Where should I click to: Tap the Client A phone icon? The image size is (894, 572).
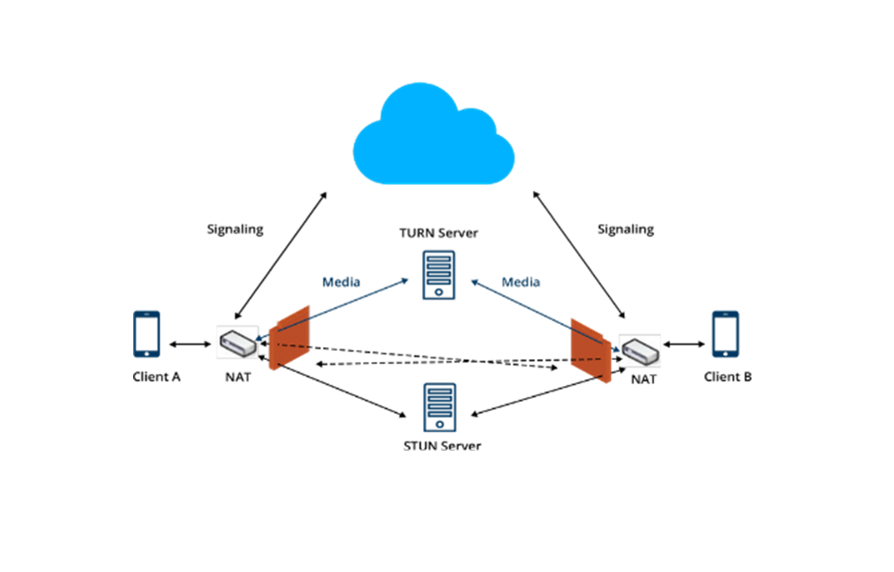point(146,334)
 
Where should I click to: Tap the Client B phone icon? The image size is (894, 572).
point(726,334)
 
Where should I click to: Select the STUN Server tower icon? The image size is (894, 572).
point(440,407)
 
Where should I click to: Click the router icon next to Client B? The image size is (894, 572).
point(639,351)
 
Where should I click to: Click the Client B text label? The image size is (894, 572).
point(727,377)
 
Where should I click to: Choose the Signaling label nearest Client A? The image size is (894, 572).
point(234,229)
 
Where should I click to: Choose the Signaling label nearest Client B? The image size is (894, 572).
point(626,229)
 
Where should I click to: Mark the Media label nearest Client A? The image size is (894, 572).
point(341,281)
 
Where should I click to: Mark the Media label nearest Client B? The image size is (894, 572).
point(520,281)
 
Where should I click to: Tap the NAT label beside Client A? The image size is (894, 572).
point(237,377)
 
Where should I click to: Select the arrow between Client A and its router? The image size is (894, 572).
point(192,344)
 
